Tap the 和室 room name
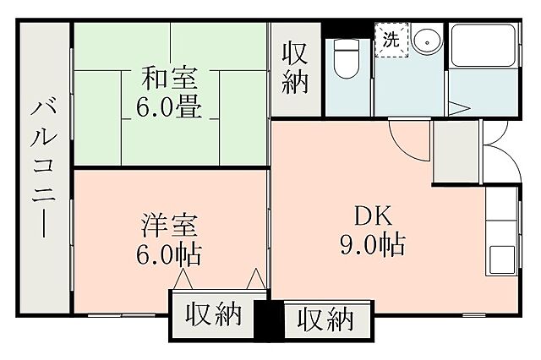click(170, 80)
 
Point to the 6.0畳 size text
click(170, 107)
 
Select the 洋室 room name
click(169, 226)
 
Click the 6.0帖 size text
click(169, 253)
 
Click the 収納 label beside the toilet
click(296, 68)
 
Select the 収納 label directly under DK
click(325, 320)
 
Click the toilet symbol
click(345, 58)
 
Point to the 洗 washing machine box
click(391, 39)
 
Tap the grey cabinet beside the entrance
click(455, 152)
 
